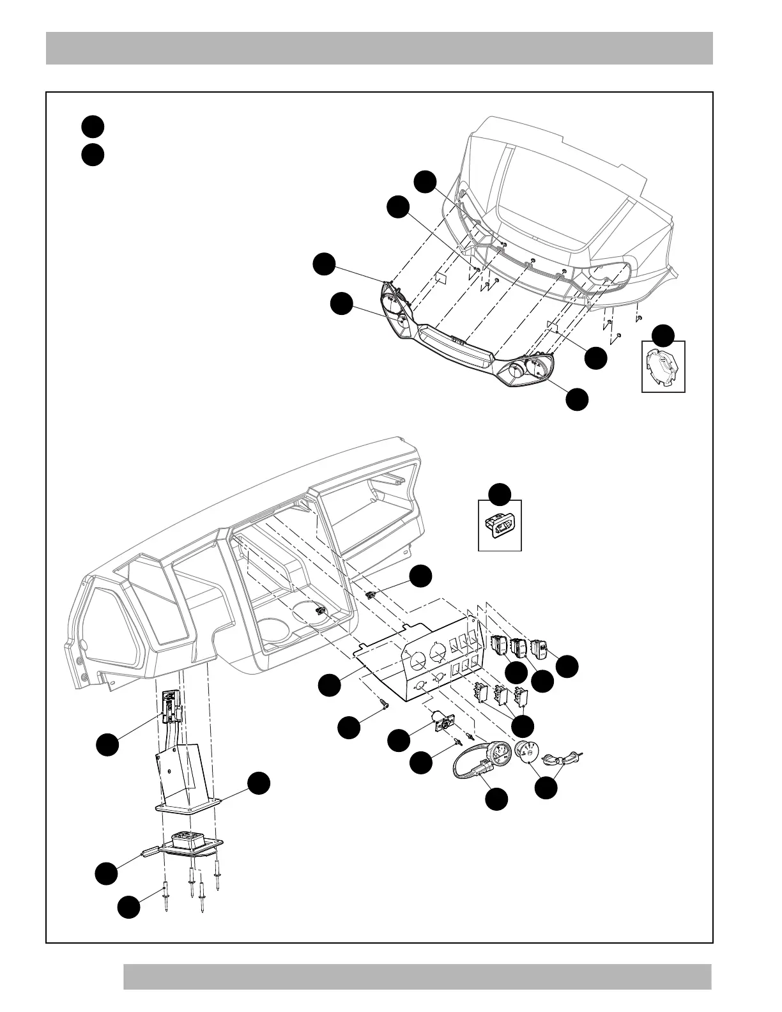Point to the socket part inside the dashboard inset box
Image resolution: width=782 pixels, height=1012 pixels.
click(500, 525)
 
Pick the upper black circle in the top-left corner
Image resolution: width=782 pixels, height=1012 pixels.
click(93, 126)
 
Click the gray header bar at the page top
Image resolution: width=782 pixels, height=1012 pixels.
click(379, 48)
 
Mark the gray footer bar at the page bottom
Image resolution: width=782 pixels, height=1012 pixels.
click(417, 976)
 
